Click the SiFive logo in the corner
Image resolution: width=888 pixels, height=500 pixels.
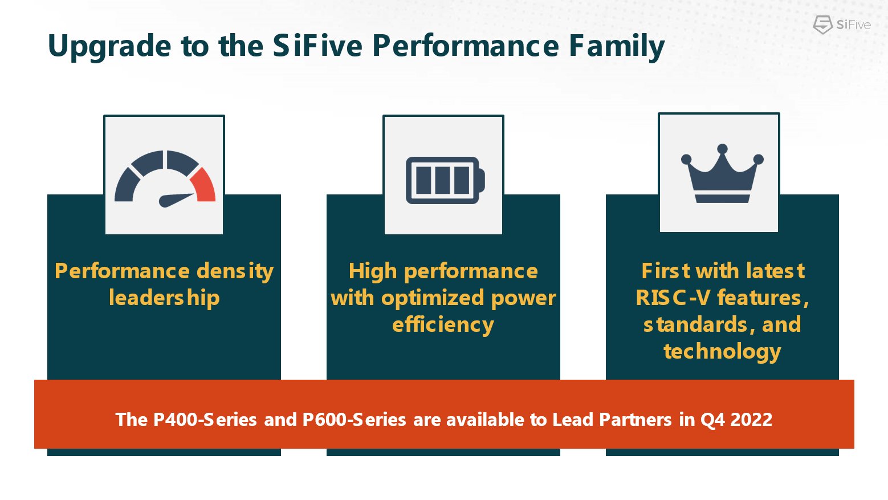click(841, 25)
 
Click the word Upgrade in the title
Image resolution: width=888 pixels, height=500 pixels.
click(109, 47)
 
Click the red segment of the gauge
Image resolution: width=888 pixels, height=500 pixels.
click(204, 185)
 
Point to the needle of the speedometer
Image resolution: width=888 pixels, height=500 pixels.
click(177, 199)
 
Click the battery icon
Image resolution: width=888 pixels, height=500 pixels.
click(445, 180)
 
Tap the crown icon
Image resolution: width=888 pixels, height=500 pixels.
click(722, 173)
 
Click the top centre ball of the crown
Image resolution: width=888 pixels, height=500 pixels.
click(722, 149)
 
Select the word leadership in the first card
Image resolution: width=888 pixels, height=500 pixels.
click(164, 298)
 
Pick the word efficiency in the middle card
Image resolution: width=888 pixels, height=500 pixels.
click(443, 324)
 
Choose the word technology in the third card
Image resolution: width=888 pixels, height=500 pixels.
click(722, 351)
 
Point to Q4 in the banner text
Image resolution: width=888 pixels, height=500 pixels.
click(712, 420)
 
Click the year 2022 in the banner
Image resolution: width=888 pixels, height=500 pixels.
click(751, 420)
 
